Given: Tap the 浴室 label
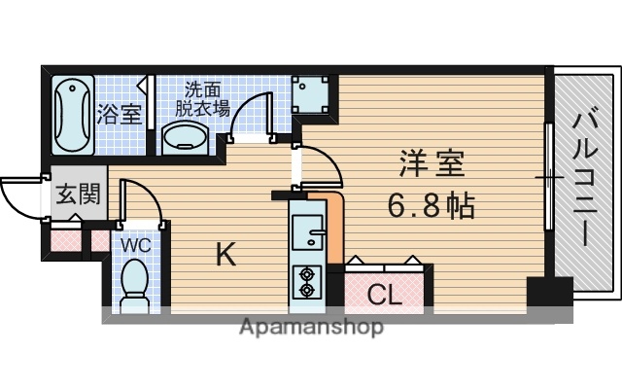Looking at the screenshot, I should (x=120, y=113).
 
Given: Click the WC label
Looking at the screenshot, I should (x=135, y=245).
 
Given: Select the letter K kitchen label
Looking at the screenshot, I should (x=225, y=256).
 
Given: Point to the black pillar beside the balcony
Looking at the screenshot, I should (x=548, y=295).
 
